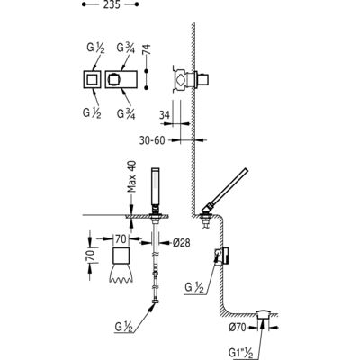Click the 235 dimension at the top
pyautogui.click(x=112, y=4)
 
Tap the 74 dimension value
pyautogui.click(x=147, y=50)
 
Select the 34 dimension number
pyautogui.click(x=165, y=115)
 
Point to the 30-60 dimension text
pyautogui.click(x=152, y=140)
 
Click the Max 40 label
pyautogui.click(x=131, y=176)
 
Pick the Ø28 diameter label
pyautogui.click(x=182, y=243)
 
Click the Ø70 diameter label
pyautogui.click(x=238, y=328)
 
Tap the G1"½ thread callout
pyautogui.click(x=240, y=353)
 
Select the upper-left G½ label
pyautogui.click(x=95, y=49)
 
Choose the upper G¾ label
pyautogui.click(x=126, y=49)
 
